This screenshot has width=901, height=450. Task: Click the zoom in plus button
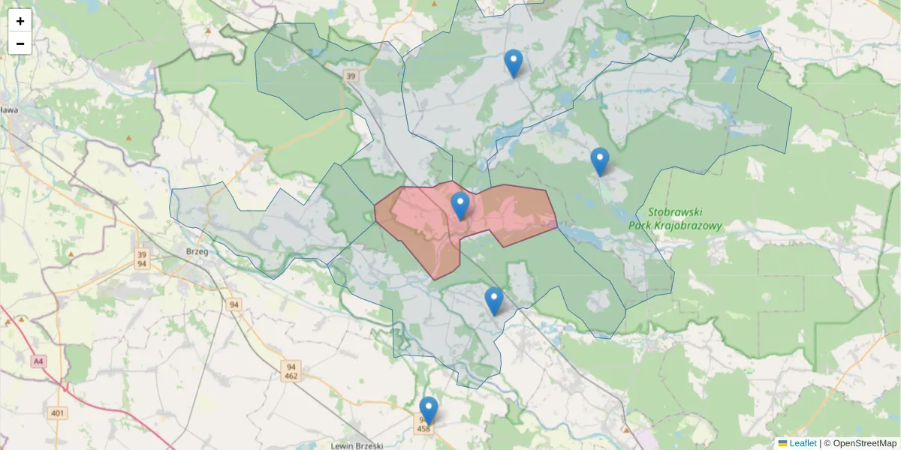click(x=20, y=20)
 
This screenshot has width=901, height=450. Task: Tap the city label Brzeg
click(x=197, y=252)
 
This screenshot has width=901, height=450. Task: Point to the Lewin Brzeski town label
click(x=357, y=445)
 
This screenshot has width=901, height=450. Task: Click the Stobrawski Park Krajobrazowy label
click(x=675, y=218)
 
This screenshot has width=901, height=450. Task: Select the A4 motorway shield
click(x=38, y=361)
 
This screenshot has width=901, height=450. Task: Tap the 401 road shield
click(x=56, y=413)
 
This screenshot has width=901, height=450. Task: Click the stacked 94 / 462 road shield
click(x=291, y=371)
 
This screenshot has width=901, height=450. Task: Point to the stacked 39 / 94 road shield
click(x=142, y=259)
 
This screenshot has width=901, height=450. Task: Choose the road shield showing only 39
click(x=351, y=76)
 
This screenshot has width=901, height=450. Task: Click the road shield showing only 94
click(x=234, y=304)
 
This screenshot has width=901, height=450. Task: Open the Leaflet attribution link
click(x=803, y=443)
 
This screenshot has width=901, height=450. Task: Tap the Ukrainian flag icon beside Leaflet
click(x=782, y=443)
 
